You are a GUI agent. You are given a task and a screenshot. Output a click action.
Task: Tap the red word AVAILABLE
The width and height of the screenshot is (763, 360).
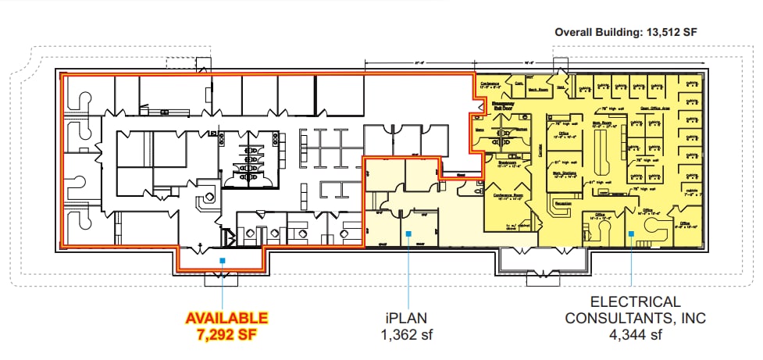click(x=226, y=318)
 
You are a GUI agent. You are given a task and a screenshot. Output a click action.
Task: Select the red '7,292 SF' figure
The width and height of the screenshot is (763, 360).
click(x=226, y=334)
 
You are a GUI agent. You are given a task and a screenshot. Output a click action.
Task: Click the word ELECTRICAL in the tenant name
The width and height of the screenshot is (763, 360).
click(x=636, y=301)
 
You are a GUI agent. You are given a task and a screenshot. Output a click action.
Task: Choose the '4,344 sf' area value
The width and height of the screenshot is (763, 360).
click(x=636, y=335)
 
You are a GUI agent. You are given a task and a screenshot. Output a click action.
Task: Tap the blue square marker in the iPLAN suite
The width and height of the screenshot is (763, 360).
click(x=408, y=231)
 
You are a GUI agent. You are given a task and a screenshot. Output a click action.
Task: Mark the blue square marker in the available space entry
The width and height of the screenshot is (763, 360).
click(x=223, y=261)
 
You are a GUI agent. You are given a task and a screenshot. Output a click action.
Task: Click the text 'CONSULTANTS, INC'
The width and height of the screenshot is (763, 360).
click(x=636, y=318)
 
